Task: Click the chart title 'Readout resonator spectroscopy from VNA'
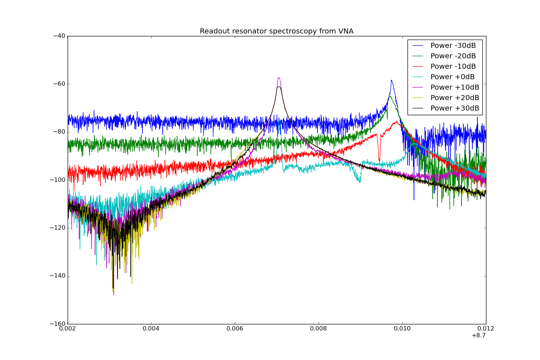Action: point(276,31)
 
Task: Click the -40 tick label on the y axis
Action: point(59,36)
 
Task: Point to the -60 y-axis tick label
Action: point(59,84)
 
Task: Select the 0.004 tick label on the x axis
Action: point(151,329)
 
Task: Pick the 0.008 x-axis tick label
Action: point(319,329)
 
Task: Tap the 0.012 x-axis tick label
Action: point(486,329)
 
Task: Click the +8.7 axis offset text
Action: point(478,336)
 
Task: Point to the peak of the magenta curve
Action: point(279,78)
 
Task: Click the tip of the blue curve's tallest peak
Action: point(391,80)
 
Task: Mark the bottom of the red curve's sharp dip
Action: point(379,161)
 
